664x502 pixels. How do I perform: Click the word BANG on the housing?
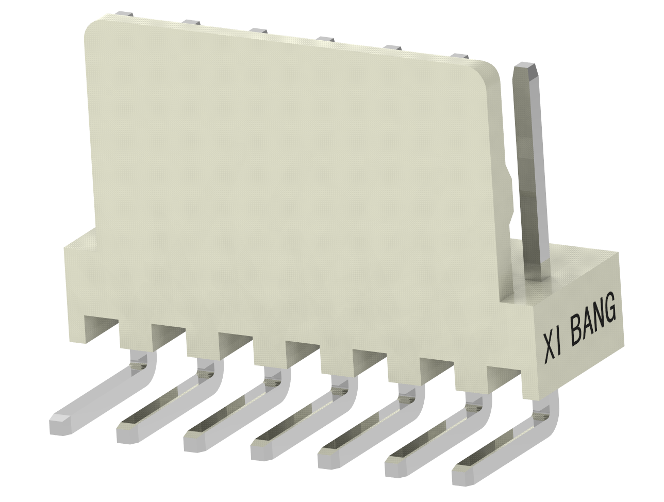593,320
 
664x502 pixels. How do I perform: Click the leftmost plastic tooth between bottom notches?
135,335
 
